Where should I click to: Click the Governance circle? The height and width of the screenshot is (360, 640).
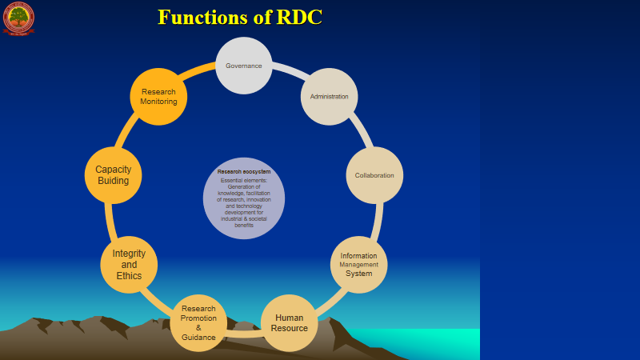coord(244,66)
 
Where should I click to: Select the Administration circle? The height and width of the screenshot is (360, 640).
coord(329,97)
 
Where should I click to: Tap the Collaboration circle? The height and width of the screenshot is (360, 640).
coord(374,175)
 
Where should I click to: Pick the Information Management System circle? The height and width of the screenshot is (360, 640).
coord(359,265)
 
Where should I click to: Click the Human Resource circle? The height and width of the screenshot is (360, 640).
coord(290,322)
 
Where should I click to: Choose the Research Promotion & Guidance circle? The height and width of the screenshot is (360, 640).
coord(198,322)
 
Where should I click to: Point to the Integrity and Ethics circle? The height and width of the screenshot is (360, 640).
coord(129,265)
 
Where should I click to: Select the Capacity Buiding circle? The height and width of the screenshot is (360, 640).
coord(113,175)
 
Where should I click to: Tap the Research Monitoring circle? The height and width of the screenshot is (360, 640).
coord(158,97)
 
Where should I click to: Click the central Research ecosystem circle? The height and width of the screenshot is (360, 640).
coord(244,198)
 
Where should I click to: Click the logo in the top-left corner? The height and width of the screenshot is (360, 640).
coord(18,18)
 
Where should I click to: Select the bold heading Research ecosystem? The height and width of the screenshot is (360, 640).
coord(244,171)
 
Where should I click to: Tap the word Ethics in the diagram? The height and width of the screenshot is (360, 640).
coord(129,276)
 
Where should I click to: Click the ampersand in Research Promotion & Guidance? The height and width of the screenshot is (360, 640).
coord(198,327)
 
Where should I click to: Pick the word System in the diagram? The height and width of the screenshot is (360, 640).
coord(359,274)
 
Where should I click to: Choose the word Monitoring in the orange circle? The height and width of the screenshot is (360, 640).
coord(158,102)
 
